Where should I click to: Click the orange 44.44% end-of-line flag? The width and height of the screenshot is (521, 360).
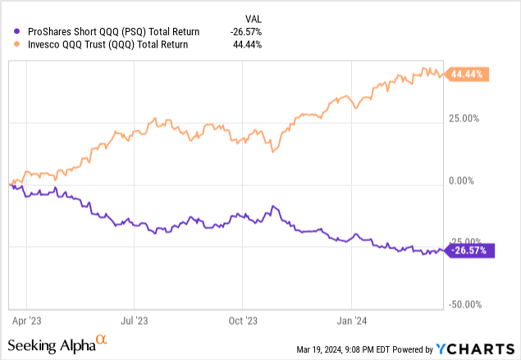pos(467,75)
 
